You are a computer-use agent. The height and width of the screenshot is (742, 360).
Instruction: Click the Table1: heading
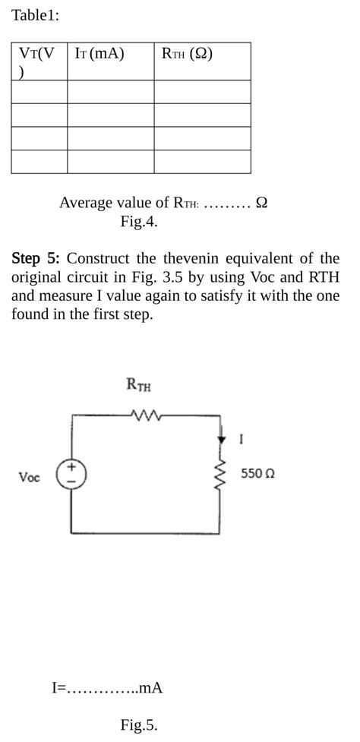click(x=35, y=15)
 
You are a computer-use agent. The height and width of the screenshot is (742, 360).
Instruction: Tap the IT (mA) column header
click(x=99, y=54)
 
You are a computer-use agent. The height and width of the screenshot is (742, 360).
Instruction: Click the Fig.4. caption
click(x=139, y=222)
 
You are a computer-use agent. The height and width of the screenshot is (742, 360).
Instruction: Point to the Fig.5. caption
click(x=139, y=725)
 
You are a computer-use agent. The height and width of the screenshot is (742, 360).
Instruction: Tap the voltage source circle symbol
click(x=71, y=475)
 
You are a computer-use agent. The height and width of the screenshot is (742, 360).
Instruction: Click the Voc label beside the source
click(x=30, y=477)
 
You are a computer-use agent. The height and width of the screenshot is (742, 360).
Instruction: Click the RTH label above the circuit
click(x=138, y=386)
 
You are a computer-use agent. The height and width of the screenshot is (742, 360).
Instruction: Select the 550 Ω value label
click(x=257, y=473)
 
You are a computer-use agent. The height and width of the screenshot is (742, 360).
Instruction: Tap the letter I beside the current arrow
click(x=241, y=439)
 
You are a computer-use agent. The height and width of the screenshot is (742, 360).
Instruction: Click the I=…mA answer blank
click(x=107, y=688)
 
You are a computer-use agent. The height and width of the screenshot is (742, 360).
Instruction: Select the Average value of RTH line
click(x=163, y=203)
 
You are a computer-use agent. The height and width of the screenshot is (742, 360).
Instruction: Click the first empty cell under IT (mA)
click(x=110, y=92)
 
